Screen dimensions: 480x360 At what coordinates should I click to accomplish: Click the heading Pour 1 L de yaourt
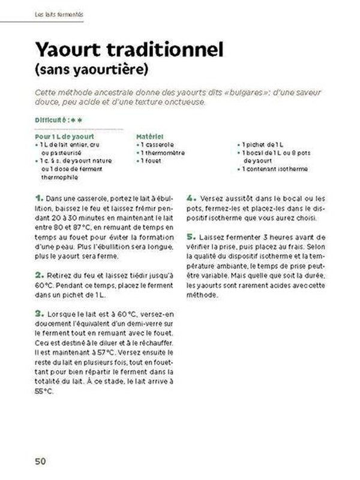coord(62,137)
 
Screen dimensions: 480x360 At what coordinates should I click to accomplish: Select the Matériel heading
coord(150,137)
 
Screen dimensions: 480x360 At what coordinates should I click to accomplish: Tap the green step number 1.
coord(40,197)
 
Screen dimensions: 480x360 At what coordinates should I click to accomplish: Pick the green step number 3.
coord(40,313)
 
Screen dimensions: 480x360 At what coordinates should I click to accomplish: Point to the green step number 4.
coord(191,197)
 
